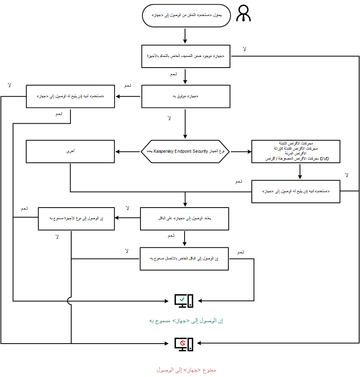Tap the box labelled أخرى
click(70, 152)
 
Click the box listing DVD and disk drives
click(296, 152)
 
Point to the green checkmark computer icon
click(184, 301)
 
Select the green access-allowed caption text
click(186, 321)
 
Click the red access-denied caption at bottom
click(186, 370)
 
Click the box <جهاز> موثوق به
click(186, 97)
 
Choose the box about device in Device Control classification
click(186, 56)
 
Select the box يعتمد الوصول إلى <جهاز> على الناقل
click(184, 218)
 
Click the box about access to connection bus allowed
click(184, 259)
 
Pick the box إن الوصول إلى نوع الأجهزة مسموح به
click(76, 218)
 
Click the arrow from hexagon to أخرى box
click(128, 152)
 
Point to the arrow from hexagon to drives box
click(241, 152)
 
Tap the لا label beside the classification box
click(245, 49)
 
